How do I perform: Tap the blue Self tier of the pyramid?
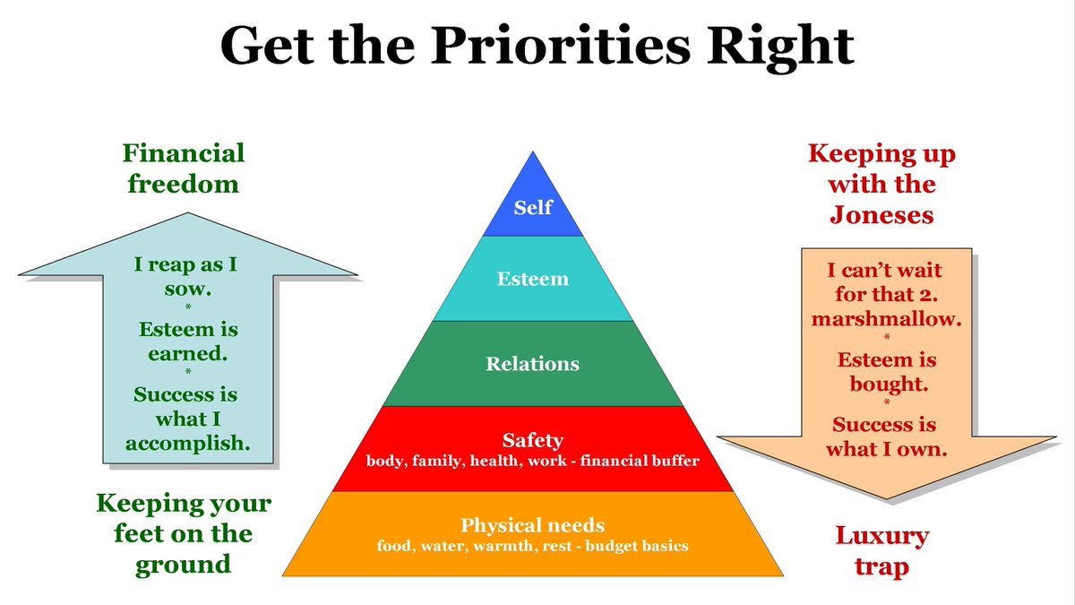[x=533, y=208]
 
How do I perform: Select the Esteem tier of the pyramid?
[x=533, y=279]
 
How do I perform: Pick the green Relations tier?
[x=533, y=364]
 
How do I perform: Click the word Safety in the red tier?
[x=533, y=440]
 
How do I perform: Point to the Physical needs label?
[x=533, y=525]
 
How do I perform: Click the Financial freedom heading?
[x=184, y=169]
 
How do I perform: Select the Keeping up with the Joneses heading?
[x=882, y=184]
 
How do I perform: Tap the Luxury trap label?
[x=882, y=551]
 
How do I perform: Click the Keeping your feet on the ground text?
[x=184, y=533]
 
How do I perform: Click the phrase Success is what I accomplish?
[x=187, y=419]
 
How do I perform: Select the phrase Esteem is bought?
[x=887, y=372]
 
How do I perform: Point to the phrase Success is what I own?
[x=887, y=436]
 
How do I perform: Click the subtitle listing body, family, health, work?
[x=533, y=462]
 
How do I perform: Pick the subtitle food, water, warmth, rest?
[x=533, y=545]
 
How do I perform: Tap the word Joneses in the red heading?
[x=882, y=216]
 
